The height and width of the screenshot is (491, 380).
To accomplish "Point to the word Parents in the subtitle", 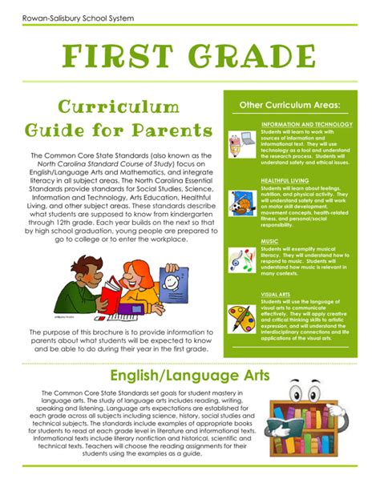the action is coord(172,130).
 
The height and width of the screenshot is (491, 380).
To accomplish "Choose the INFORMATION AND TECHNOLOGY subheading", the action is coord(307,125).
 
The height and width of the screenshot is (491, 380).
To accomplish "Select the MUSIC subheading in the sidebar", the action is coord(269,240).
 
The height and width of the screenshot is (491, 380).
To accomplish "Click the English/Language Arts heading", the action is coord(190,376).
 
